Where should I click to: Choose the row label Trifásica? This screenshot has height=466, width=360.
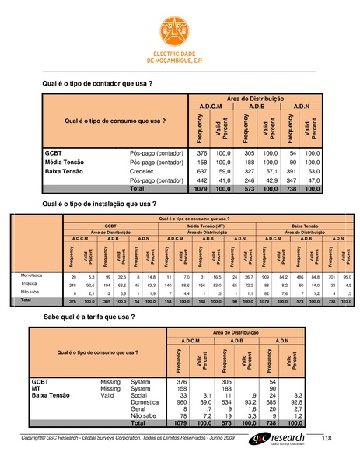(29, 284)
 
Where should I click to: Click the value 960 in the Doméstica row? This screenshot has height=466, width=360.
(183, 402)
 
